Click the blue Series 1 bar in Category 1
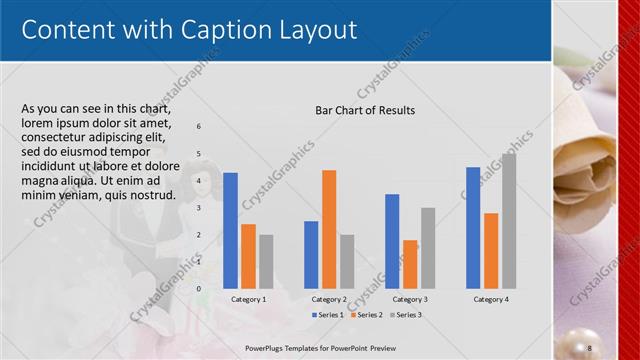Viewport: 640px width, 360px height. click(x=230, y=230)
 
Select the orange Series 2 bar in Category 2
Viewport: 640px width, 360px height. click(x=329, y=229)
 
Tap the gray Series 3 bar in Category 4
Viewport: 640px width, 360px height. click(x=509, y=221)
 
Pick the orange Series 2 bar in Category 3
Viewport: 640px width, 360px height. click(x=410, y=264)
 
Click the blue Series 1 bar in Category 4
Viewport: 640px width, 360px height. click(x=473, y=227)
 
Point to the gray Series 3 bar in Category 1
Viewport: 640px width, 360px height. click(x=265, y=261)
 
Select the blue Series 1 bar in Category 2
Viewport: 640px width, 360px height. click(x=311, y=254)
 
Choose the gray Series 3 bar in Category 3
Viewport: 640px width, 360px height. click(x=428, y=248)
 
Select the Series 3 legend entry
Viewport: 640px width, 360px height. click(x=406, y=315)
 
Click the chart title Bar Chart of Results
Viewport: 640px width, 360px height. click(x=365, y=110)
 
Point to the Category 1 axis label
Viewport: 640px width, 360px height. click(x=248, y=299)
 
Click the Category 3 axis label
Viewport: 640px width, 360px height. click(x=410, y=299)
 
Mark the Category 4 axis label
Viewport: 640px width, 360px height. click(x=491, y=299)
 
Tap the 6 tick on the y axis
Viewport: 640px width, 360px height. click(x=199, y=126)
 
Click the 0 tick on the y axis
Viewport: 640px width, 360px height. click(x=199, y=288)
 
